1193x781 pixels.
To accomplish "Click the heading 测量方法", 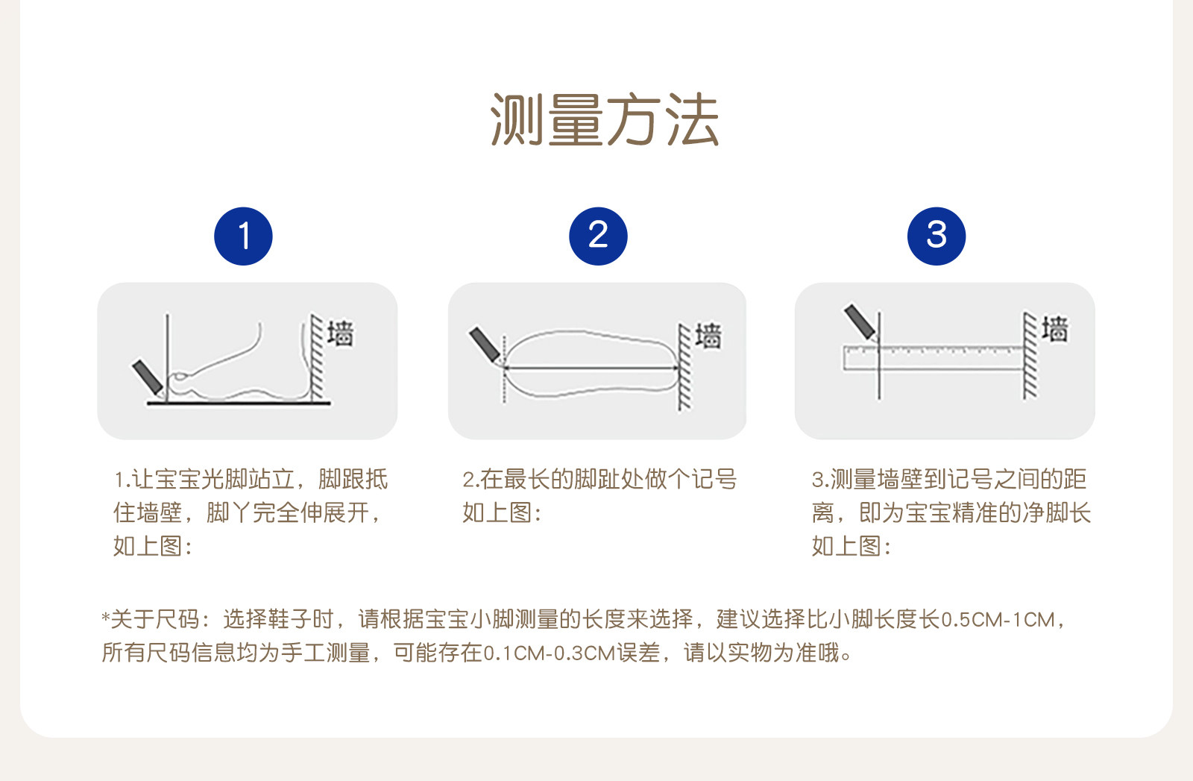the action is pos(605,119).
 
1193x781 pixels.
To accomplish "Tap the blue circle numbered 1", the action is pos(243,236).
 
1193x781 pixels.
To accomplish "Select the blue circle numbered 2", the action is pos(598,236).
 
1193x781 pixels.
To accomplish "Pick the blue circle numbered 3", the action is pos(937,236).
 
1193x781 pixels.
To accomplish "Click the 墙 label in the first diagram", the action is pos(340,333).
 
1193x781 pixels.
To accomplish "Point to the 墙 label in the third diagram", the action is pos(1055,328).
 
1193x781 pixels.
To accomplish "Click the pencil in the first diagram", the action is pos(148,377).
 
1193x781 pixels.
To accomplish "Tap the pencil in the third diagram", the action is pos(860,322).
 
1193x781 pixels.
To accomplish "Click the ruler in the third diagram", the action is pos(933,358).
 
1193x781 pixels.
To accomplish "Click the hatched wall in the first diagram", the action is pos(317,357).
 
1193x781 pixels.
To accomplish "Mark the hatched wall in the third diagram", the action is pos(1030,355).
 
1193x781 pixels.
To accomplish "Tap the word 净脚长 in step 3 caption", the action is pos(1056,512).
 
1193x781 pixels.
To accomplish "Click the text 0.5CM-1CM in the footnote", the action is pos(998,620).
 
